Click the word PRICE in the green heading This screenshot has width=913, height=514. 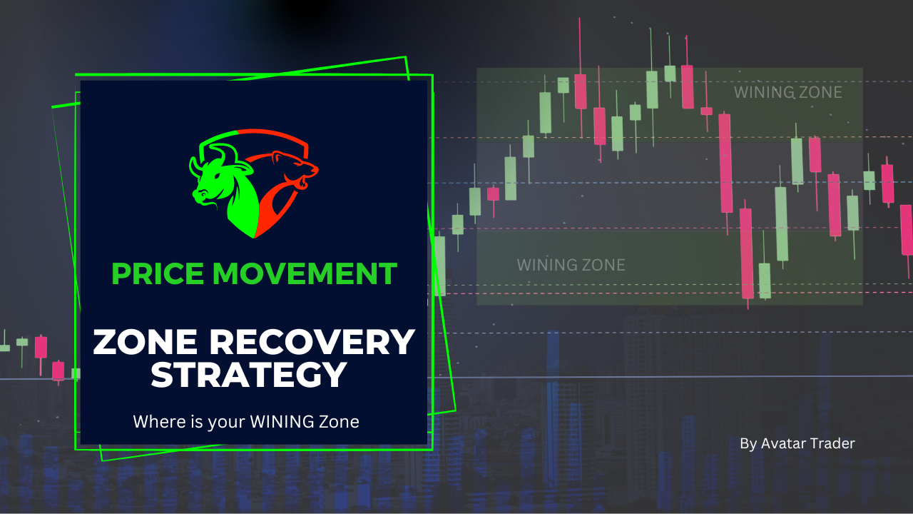(x=158, y=273)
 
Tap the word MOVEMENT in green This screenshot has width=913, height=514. (x=305, y=273)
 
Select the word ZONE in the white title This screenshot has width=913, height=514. (x=145, y=342)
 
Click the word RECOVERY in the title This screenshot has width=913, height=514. (x=312, y=342)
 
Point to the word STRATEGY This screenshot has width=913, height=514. (x=249, y=374)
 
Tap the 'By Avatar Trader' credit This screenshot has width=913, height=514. (x=797, y=444)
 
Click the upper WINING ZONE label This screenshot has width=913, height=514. (x=788, y=93)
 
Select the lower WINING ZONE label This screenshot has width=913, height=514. (x=571, y=265)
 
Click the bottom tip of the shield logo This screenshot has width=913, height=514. (x=254, y=238)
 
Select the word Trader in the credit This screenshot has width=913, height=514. (x=832, y=443)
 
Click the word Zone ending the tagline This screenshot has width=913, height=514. (x=339, y=422)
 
